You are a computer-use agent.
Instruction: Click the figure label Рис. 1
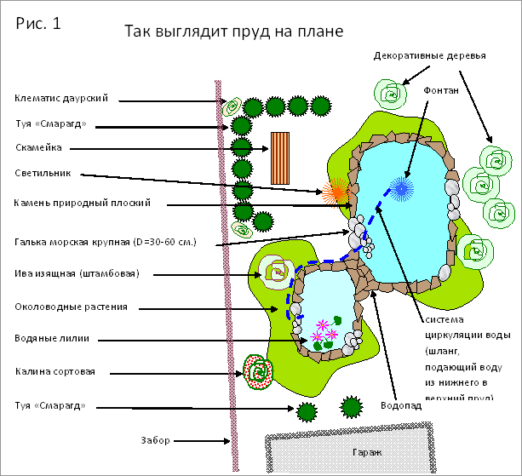click(x=38, y=23)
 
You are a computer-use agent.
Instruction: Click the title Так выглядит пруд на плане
click(x=233, y=32)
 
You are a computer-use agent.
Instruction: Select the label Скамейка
click(x=38, y=147)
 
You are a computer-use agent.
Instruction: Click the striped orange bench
click(x=279, y=158)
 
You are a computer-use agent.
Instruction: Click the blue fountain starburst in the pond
click(x=400, y=186)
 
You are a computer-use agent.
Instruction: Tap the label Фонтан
click(x=441, y=89)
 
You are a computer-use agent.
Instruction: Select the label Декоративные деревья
click(x=430, y=56)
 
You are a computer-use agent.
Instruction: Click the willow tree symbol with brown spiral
click(x=278, y=272)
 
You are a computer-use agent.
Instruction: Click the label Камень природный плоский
click(x=83, y=203)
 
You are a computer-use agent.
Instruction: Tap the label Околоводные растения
click(x=71, y=306)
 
